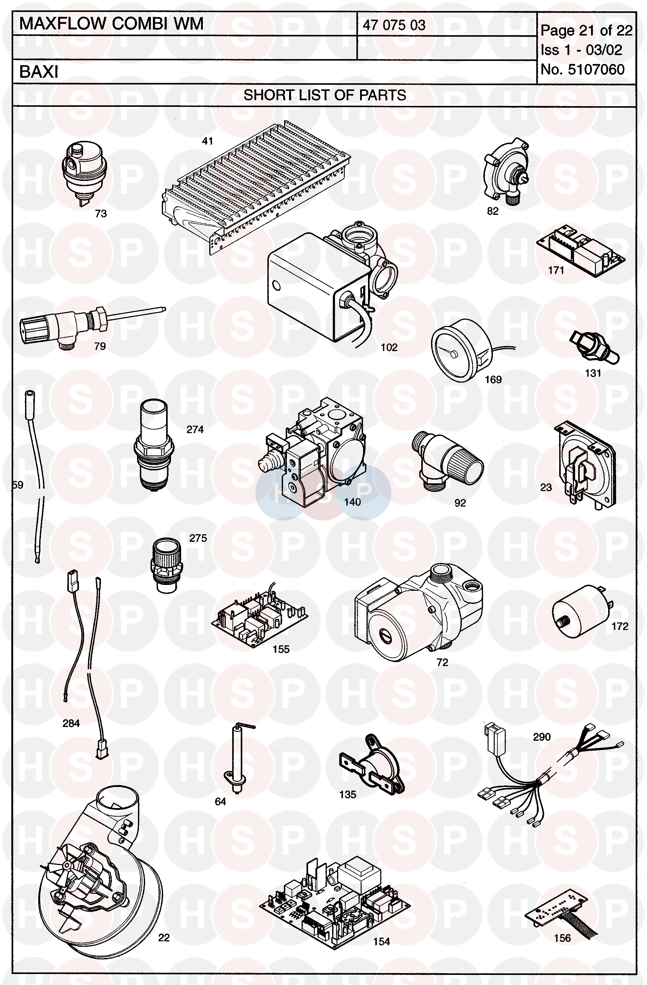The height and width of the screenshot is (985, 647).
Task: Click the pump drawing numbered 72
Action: tap(418, 612)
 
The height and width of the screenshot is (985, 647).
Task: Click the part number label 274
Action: tap(195, 429)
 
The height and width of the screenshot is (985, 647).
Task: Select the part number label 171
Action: tap(556, 270)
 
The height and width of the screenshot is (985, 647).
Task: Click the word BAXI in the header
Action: tap(39, 72)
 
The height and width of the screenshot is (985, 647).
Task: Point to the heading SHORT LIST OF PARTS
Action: tap(325, 95)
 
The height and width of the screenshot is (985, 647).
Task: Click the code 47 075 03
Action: tap(394, 25)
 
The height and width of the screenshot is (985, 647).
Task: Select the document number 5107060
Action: tap(596, 69)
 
